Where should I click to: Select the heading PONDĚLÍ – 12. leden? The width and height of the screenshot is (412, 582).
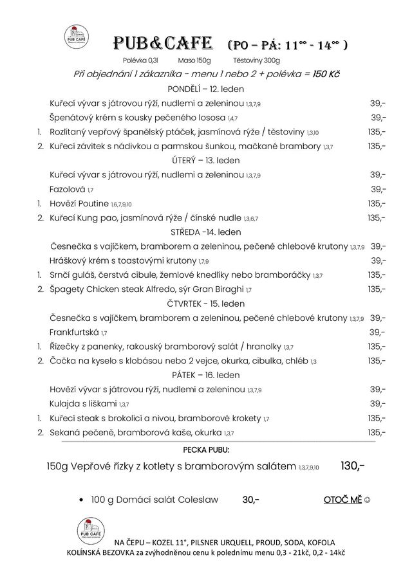coord(205,89)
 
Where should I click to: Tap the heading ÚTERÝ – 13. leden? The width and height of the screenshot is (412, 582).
coord(205,161)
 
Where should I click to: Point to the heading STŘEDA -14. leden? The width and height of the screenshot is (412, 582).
coord(205,232)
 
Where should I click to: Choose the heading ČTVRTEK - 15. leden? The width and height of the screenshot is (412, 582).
coord(205,304)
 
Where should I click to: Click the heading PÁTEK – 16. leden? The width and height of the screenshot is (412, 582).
coord(205,375)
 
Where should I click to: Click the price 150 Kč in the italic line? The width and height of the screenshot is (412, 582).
coord(326,74)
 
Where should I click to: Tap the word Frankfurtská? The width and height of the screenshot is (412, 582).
coord(74,332)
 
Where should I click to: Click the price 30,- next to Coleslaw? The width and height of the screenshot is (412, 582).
coord(251,499)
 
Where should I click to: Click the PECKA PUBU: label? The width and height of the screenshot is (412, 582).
coord(205,450)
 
